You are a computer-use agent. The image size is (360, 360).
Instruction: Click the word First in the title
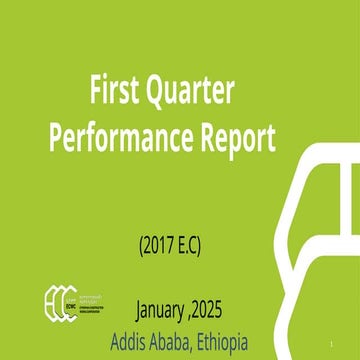pos(116,93)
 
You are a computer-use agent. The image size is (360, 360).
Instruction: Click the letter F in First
pos(97,93)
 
